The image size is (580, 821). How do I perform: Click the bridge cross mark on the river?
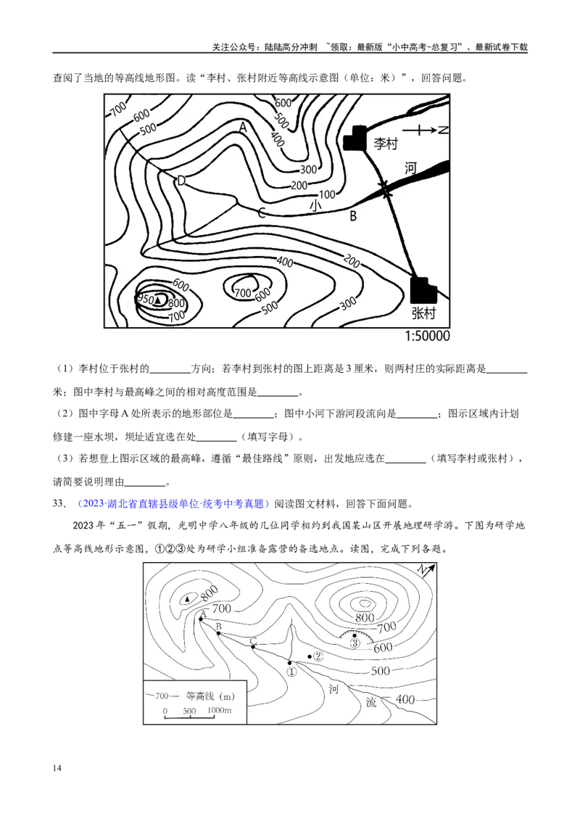[x=386, y=192]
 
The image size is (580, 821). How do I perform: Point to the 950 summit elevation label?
[x=145, y=300]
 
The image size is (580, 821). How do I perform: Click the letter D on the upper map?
[x=181, y=181]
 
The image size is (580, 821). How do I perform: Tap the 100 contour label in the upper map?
[x=327, y=194]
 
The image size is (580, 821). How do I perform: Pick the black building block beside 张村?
[x=422, y=289]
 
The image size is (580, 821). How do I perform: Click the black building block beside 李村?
[x=355, y=137]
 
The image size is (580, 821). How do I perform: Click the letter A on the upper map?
[x=244, y=127]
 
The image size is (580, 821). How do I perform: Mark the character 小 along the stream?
[x=315, y=206]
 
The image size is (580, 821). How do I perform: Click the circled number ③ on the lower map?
[x=355, y=643]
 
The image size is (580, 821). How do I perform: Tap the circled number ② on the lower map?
[x=318, y=656]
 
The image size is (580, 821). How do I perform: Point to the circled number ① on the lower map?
[x=291, y=672]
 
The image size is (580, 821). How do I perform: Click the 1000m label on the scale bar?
[x=220, y=710]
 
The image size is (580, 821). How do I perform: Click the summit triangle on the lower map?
[x=188, y=599]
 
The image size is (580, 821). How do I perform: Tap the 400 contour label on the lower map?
[x=406, y=700]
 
